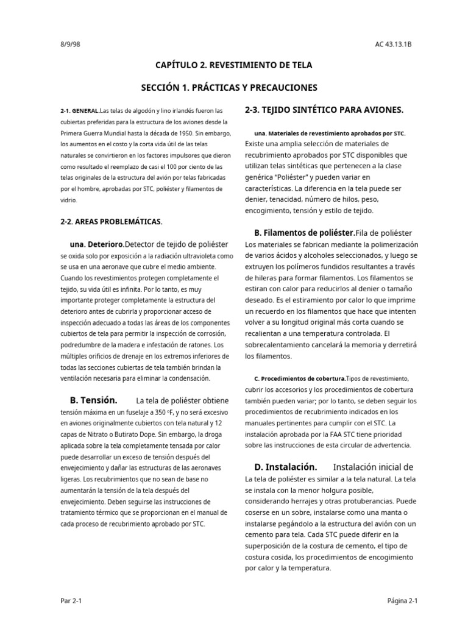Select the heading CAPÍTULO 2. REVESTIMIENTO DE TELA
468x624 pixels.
pos(233,65)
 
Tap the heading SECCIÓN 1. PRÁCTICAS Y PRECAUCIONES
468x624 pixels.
pos(229,88)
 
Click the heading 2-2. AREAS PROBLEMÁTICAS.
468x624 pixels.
pos(111,221)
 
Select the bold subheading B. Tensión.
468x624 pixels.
pos(93,400)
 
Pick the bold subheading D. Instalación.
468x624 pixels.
pos(286,467)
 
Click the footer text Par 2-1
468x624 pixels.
pos(71,600)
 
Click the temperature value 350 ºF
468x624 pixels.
pos(160,413)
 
